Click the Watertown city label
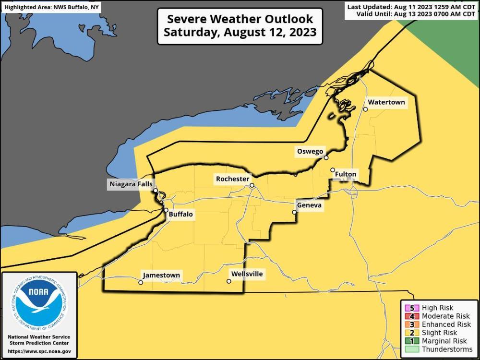(386, 102)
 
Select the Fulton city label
(346, 174)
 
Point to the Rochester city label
(233, 179)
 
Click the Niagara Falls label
(131, 184)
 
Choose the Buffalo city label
(181, 215)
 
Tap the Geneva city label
(310, 205)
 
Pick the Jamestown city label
(161, 276)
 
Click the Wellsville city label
(247, 274)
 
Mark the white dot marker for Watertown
(365, 109)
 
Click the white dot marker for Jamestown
(141, 283)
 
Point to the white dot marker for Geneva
(295, 212)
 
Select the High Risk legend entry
(437, 308)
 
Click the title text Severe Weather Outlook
(240, 19)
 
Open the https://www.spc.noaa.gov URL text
(39, 352)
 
